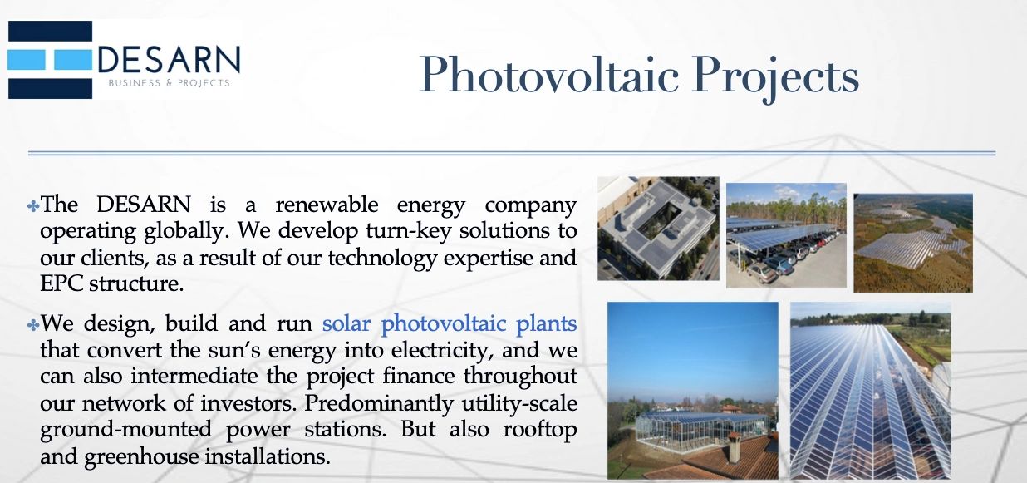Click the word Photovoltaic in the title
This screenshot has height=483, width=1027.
(x=548, y=74)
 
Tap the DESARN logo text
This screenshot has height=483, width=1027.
(x=169, y=60)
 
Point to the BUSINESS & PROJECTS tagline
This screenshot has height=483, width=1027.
(x=169, y=83)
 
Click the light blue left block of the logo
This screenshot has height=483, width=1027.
(x=27, y=60)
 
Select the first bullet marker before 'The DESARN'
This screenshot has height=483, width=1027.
(x=33, y=206)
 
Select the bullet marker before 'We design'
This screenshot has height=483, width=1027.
(x=33, y=326)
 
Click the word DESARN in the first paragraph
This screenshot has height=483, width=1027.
(x=144, y=205)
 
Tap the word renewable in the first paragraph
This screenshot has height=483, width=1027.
(x=327, y=205)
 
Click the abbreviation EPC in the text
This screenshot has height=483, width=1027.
(x=61, y=284)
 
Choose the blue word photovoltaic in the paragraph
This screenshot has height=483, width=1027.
(x=444, y=324)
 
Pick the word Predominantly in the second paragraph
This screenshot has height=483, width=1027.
(x=379, y=404)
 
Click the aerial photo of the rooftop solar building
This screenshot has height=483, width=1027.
(x=658, y=229)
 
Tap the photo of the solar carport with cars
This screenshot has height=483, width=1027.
(x=786, y=235)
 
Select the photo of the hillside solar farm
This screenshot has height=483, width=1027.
(x=913, y=243)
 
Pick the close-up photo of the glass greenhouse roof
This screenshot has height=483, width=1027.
(x=871, y=391)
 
